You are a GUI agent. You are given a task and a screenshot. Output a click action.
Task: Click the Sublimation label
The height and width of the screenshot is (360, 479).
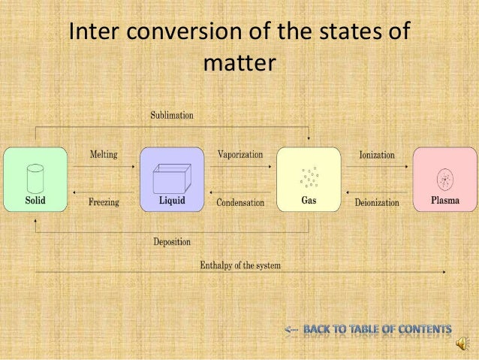pos(172,116)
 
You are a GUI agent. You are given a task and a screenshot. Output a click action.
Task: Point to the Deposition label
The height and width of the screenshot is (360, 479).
pos(172,242)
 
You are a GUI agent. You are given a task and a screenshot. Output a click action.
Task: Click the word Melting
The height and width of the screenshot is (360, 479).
pos(103,154)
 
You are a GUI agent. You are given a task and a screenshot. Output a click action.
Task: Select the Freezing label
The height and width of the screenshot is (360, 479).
pos(104,202)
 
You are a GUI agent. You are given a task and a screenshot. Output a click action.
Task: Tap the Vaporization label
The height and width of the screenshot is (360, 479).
pos(240,154)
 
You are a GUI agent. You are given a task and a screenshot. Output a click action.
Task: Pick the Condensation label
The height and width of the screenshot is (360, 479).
pos(240,202)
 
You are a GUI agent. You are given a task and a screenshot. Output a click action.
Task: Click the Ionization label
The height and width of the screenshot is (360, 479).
pos(377,154)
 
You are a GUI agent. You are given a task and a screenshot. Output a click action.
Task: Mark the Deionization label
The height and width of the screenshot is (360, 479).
pos(377,202)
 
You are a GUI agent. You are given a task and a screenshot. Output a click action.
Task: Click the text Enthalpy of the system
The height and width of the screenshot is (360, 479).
pos(240,266)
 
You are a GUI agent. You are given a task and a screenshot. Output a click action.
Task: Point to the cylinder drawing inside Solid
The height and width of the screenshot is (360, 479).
pos(33,177)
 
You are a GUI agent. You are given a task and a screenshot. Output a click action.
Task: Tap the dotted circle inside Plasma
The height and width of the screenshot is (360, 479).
pos(445,179)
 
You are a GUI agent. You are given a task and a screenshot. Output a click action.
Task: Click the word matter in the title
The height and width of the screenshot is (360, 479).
pos(239,64)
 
